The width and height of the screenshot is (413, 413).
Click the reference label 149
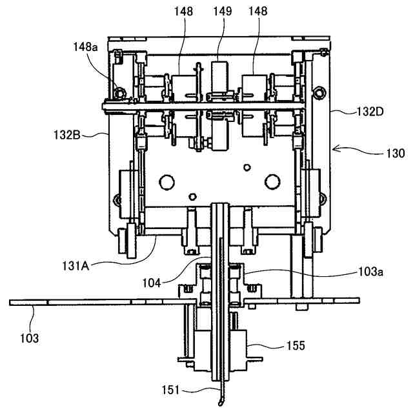point(223,12)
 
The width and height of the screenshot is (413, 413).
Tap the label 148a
point(85,47)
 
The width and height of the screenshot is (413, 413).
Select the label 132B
point(67,135)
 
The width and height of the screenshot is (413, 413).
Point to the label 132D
point(370,112)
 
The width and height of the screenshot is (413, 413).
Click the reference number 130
point(396,153)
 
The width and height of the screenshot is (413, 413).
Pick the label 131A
point(76,266)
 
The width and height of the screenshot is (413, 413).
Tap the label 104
point(152,283)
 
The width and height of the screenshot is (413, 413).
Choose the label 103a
point(370,271)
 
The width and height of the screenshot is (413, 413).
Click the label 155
point(296,346)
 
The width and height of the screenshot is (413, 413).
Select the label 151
point(170,390)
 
